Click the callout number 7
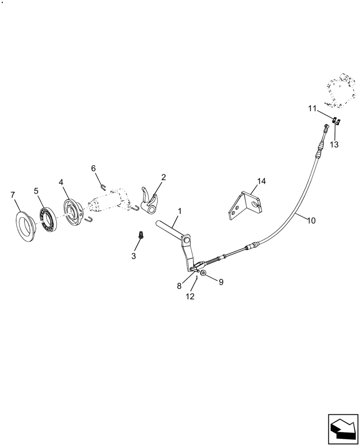coord(13,194)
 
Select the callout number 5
coord(36,190)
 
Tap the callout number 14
coord(261,181)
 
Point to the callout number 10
coord(311,220)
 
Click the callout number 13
coord(334,145)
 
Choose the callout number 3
coord(133,256)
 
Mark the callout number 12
coord(190,296)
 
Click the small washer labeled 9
coord(203,273)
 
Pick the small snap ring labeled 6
coord(102,187)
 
